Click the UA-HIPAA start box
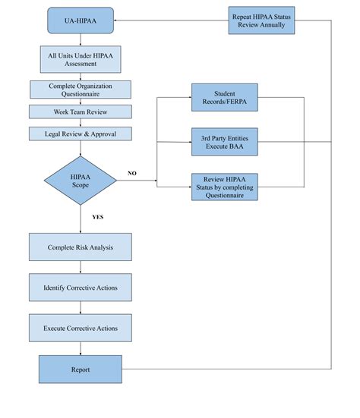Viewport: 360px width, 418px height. click(80, 20)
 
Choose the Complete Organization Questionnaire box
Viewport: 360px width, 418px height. click(80, 90)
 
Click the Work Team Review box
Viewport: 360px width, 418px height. click(80, 112)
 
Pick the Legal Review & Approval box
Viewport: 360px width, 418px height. click(80, 134)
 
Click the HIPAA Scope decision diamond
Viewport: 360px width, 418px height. click(80, 181)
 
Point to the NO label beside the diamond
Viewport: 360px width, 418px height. click(132, 174)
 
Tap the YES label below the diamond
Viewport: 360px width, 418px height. click(97, 217)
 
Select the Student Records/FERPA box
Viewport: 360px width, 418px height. click(223, 99)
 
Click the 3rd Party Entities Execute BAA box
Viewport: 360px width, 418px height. click(223, 141)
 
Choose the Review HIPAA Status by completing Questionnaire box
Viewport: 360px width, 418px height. click(223, 187)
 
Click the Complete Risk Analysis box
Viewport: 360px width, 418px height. click(80, 247)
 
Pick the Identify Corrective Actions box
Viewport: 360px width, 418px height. click(80, 288)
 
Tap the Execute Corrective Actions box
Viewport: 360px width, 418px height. click(80, 327)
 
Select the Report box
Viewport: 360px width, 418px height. click(80, 369)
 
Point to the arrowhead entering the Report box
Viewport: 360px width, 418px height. click(80, 352)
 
